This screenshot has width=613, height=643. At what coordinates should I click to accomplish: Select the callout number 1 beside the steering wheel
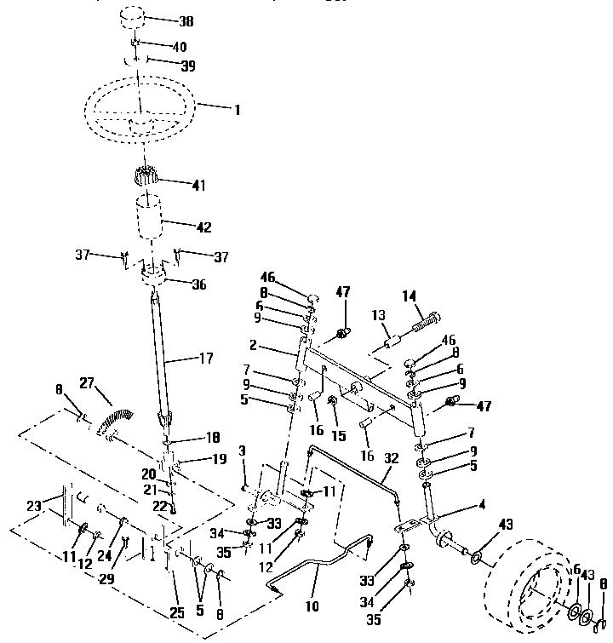click(x=238, y=109)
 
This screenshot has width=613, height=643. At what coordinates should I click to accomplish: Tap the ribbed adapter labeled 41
click(x=148, y=181)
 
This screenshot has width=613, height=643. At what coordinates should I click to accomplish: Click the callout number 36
click(x=199, y=284)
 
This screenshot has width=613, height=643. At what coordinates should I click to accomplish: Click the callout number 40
click(x=180, y=45)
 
